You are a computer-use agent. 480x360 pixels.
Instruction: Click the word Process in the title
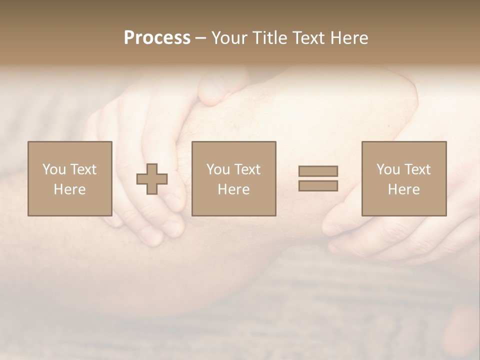click(157, 38)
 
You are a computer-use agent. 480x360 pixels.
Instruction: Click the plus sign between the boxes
click(152, 179)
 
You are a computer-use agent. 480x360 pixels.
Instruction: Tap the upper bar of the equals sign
click(318, 171)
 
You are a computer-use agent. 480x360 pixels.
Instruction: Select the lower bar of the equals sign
click(318, 186)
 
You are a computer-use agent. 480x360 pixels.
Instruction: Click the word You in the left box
click(54, 169)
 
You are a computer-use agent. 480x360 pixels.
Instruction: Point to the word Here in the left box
click(69, 189)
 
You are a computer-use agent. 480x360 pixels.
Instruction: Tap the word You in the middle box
click(218, 169)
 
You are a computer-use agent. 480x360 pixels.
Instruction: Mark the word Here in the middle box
click(233, 189)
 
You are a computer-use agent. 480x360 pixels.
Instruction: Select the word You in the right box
click(388, 169)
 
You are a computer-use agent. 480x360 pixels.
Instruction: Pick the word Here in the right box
click(403, 189)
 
